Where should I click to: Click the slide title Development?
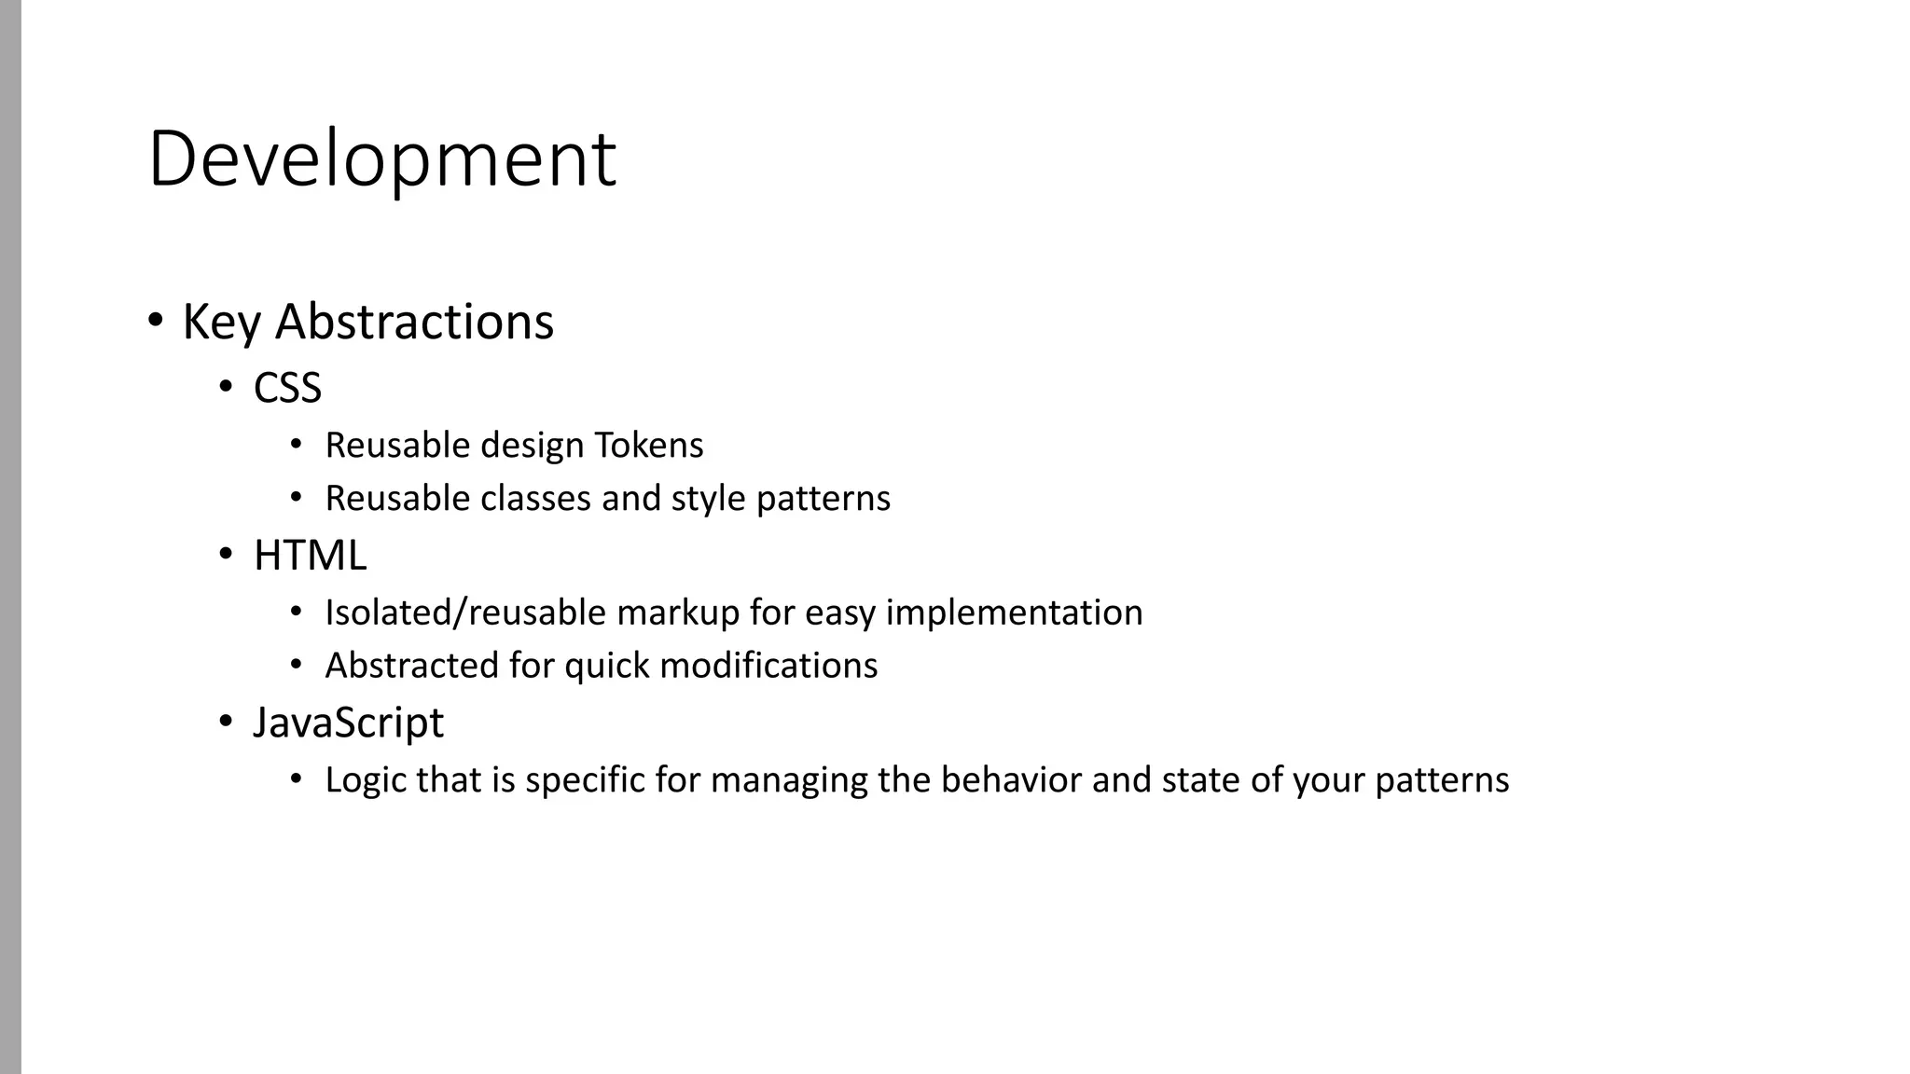pos(381,159)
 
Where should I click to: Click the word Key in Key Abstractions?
pos(221,323)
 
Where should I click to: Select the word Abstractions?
pos(414,323)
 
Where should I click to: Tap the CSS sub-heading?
pos(287,388)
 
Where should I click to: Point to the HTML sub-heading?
pos(310,556)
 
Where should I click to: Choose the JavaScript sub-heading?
pos(348,723)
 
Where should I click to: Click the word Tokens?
pos(649,446)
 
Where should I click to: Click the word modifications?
pos(768,666)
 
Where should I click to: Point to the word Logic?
pos(365,780)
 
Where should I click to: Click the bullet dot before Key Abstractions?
pos(156,320)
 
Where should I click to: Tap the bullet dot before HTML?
pos(227,554)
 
